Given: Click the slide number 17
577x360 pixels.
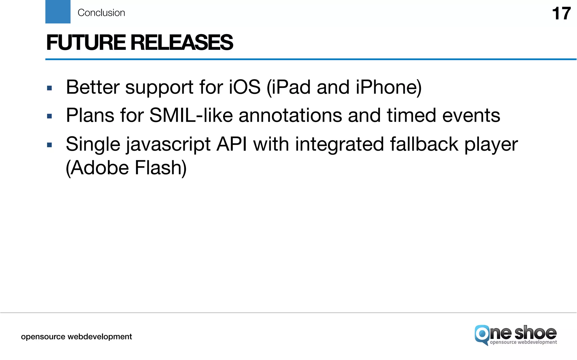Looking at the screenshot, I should coord(561,14).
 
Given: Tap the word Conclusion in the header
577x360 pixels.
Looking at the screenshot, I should coord(101,13).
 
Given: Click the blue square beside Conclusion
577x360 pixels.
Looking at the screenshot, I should coord(58,12).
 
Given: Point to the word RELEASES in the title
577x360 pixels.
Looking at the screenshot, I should coord(182,43).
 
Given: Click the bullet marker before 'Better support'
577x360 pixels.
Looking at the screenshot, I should coord(50,88).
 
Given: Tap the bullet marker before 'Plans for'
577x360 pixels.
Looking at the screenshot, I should coord(50,116).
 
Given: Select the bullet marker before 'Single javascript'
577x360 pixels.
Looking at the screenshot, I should coord(50,145).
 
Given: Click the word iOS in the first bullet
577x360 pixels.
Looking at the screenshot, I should coord(245,87).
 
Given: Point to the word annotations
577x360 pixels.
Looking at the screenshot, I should coord(290,115).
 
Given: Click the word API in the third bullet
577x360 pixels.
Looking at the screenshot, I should coord(232,144).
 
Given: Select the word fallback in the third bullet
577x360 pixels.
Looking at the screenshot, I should coord(424,144).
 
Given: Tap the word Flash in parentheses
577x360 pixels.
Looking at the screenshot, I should coord(161,168).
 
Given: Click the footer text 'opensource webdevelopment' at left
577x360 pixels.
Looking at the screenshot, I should coord(76,337).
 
